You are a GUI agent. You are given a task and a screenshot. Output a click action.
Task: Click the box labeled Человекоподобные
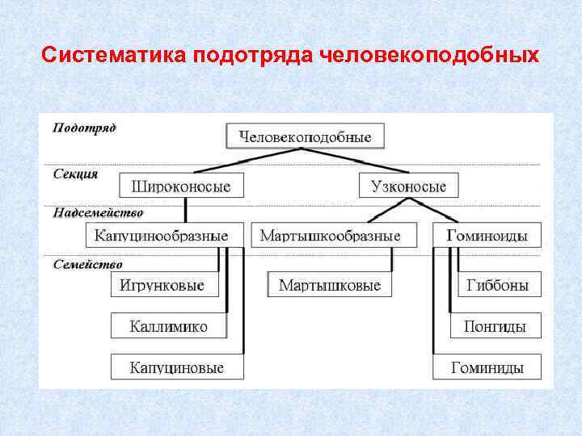(305, 136)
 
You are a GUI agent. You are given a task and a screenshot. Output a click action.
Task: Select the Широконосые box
(175, 187)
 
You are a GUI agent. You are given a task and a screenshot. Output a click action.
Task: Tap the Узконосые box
(408, 187)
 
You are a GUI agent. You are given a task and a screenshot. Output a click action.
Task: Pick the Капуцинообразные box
(162, 236)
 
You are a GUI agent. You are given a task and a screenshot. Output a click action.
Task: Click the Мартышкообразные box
(330, 236)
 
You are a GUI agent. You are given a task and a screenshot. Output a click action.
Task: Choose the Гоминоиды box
(487, 236)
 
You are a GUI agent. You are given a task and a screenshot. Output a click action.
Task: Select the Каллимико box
(169, 326)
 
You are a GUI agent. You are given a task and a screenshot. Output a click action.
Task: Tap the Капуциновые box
(177, 367)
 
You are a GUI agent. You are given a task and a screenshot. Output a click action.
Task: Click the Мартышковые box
(330, 285)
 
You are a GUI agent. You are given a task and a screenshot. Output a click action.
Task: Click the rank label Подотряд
(84, 128)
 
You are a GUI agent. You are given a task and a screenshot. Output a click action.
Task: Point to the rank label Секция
(75, 173)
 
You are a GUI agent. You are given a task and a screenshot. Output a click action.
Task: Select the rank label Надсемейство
(98, 213)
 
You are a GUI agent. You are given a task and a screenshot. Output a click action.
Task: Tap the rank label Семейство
(87, 264)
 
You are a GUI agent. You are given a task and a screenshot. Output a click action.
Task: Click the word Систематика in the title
(113, 55)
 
